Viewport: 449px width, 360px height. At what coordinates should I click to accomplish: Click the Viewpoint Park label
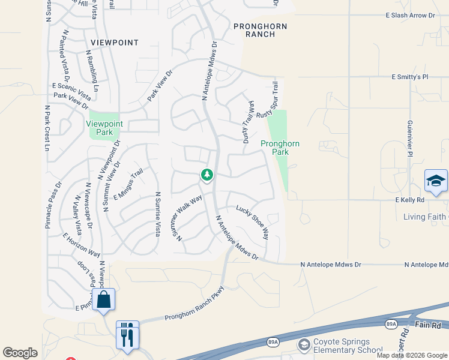point(104,128)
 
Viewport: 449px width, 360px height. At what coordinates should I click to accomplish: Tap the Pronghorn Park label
point(280,148)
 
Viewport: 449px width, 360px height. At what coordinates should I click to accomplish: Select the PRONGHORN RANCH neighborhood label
point(261,30)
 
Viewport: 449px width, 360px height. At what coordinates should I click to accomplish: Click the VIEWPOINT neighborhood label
point(115,43)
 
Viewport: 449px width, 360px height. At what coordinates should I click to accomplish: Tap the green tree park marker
point(207,175)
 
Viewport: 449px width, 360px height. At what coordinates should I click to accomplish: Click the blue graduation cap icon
point(436,180)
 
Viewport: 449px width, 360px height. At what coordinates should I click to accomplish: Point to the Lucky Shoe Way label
point(252,222)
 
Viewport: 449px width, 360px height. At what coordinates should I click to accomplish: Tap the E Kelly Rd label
point(410,199)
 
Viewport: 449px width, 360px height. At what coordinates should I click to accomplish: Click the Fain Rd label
point(427,326)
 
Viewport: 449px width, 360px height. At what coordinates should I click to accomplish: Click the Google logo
point(20,353)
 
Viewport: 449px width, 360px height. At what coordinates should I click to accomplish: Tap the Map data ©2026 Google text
point(411,355)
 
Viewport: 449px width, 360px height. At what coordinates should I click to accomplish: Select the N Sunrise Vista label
point(158,214)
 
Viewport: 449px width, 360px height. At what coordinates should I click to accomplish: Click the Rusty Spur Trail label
point(268,100)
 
